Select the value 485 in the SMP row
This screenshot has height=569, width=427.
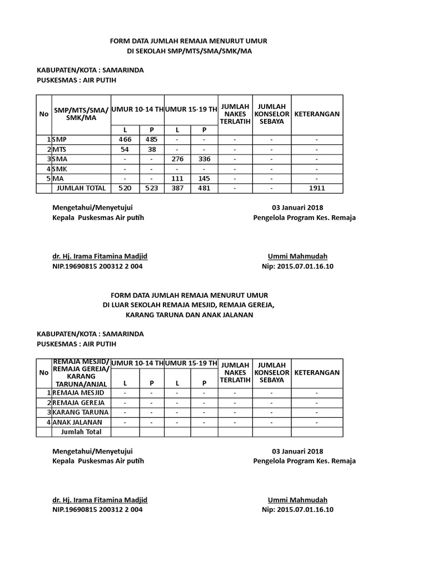(151, 139)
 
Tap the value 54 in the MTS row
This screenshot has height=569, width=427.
(125, 149)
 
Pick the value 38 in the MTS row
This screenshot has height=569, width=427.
(151, 149)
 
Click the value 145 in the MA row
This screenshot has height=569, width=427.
(204, 179)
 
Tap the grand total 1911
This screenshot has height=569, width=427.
(317, 188)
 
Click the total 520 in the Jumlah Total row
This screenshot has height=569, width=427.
(125, 188)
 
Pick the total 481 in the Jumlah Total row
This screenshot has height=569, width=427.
(204, 188)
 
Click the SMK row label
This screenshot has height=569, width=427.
(60, 169)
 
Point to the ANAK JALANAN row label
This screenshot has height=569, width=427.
(76, 422)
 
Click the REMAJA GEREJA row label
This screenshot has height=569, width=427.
(77, 402)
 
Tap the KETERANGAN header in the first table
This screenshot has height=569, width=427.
(317, 114)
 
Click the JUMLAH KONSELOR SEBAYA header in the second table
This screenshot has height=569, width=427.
(271, 372)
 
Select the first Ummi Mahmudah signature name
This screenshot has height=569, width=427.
(297, 256)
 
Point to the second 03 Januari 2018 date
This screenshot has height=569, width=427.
(297, 451)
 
